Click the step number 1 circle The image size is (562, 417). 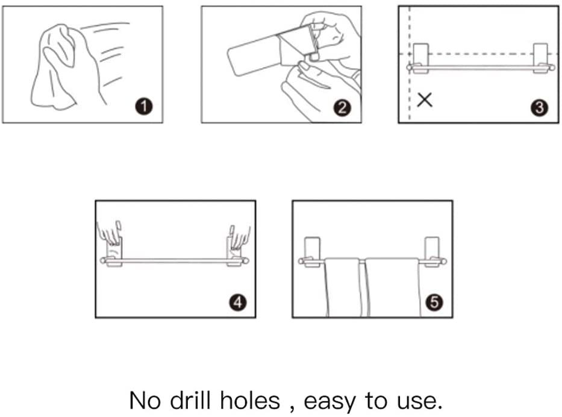[144, 107]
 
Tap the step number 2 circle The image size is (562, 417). [342, 108]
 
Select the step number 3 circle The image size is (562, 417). [540, 108]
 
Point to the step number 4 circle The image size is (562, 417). [238, 303]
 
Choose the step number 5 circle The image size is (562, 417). [434, 302]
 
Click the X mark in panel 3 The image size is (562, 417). [425, 99]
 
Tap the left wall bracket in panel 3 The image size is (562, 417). [421, 58]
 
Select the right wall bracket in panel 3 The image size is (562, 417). [540, 58]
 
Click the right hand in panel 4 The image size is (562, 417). [239, 236]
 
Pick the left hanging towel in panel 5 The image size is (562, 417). [343, 287]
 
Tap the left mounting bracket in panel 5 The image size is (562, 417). [312, 252]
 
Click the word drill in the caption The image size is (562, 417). [190, 400]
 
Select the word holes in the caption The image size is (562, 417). [250, 400]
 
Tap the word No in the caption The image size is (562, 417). [145, 401]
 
